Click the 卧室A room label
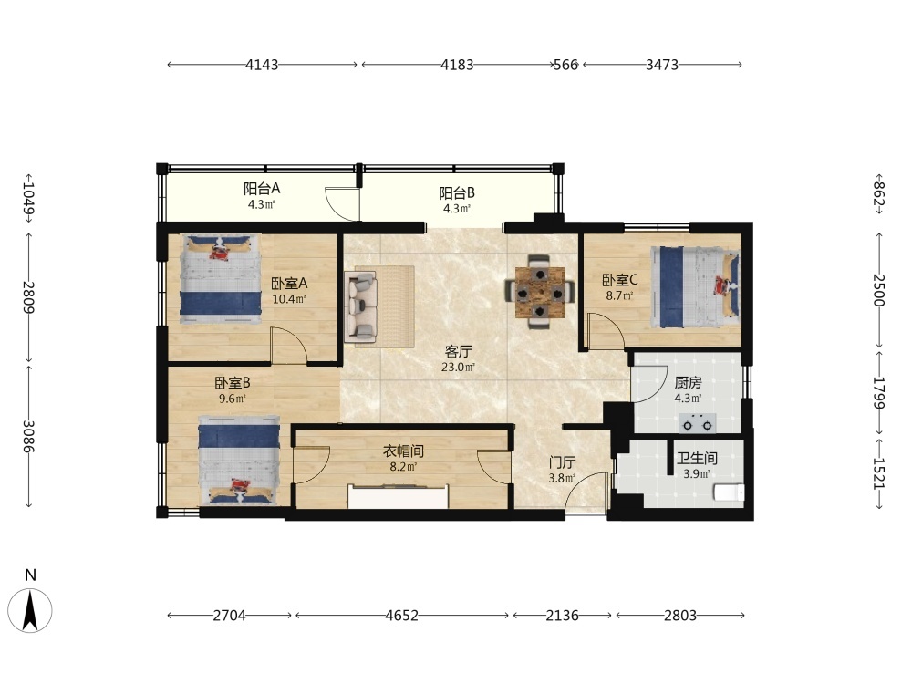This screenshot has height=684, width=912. point(289,284)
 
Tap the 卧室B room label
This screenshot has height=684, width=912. point(233,383)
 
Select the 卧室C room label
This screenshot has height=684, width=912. point(619,280)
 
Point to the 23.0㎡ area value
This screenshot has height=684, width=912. point(458,367)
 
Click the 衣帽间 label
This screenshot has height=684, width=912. point(403,451)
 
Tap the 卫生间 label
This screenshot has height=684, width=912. point(697,459)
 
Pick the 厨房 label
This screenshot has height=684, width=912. point(688,383)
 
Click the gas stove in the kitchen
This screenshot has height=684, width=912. point(698,423)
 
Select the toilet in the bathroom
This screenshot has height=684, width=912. point(729,492)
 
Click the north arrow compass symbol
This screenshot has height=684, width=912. point(30,609)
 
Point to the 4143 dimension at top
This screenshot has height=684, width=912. point(262,65)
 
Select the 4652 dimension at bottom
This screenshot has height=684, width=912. point(401,616)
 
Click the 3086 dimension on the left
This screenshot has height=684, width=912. point(29,436)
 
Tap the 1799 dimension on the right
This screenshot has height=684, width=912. point(879,392)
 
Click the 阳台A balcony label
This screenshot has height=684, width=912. point(262,189)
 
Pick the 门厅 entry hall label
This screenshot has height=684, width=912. point(563,462)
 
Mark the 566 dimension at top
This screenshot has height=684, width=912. point(566,65)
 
